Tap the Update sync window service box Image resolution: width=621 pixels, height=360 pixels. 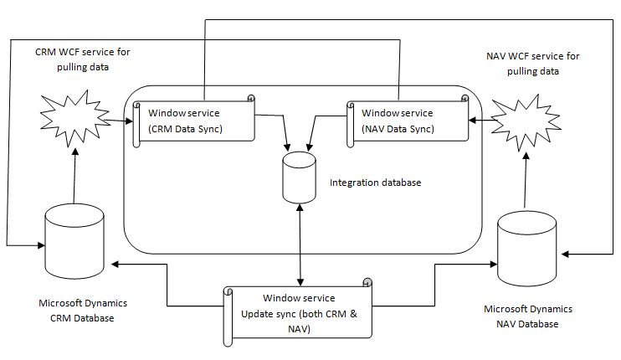coord(299,311)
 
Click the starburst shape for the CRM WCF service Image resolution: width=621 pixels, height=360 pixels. coord(74,121)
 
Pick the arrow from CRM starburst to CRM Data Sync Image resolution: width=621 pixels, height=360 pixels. coord(119,121)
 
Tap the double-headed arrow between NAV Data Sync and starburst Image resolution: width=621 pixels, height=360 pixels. coord(480,120)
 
